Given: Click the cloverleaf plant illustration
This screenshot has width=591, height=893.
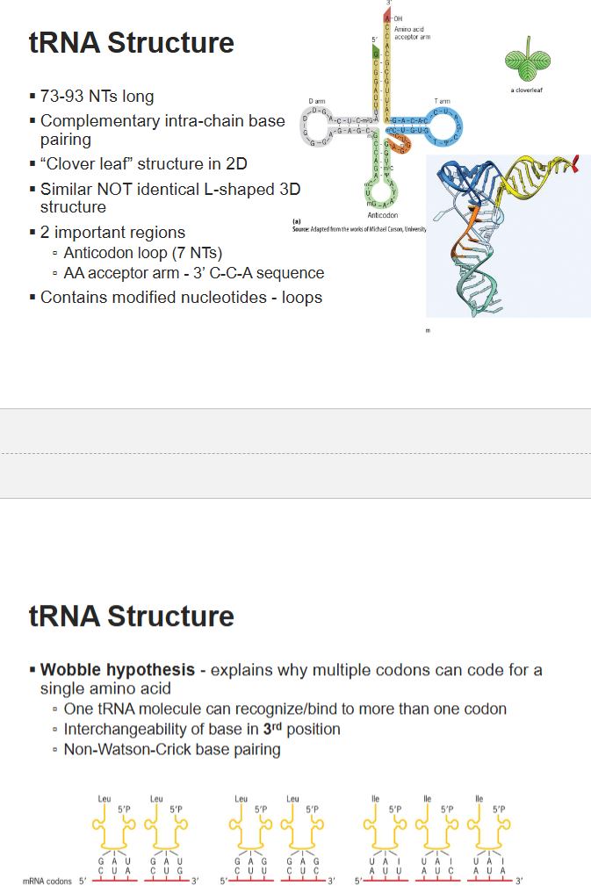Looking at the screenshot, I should point(530,59).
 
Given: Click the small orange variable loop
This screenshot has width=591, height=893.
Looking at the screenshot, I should point(402,147).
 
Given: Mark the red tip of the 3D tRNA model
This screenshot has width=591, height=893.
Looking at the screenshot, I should point(575,161).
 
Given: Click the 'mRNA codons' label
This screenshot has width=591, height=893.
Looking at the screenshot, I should point(48,880).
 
